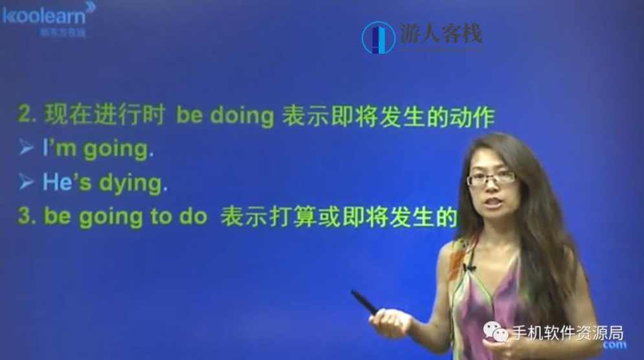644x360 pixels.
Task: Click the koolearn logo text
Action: (x=43, y=14)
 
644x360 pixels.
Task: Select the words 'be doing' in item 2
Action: (x=225, y=116)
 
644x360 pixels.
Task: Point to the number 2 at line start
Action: (x=25, y=116)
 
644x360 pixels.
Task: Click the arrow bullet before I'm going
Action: (x=27, y=149)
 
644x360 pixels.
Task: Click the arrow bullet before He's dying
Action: (x=27, y=182)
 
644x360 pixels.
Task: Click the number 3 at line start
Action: (x=25, y=217)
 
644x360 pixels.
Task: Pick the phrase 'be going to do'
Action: (x=125, y=217)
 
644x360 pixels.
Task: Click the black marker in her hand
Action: (x=364, y=302)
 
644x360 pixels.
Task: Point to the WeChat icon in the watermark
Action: (x=498, y=333)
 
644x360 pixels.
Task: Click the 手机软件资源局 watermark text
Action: (x=568, y=333)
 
